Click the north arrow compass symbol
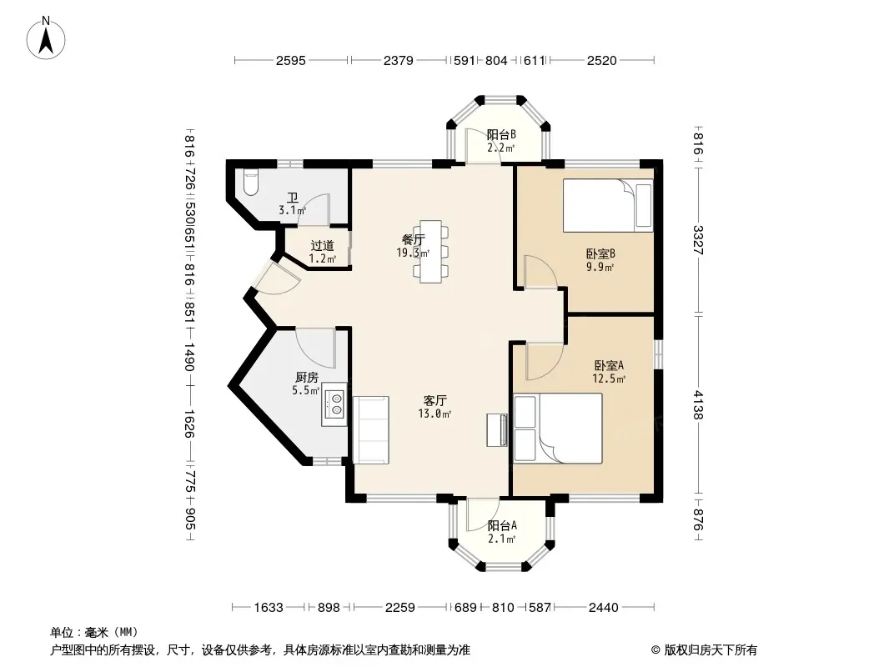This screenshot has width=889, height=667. [46, 38]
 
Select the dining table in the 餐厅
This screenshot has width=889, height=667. [430, 251]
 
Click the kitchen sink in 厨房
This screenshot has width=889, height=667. [335, 404]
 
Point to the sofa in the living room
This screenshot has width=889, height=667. [371, 430]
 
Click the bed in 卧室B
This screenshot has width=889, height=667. [608, 205]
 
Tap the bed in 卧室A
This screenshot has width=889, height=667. [557, 429]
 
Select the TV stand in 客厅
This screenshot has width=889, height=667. [497, 430]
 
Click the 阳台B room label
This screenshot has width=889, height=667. [501, 135]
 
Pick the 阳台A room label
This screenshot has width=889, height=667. [502, 526]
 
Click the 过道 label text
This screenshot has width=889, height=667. [322, 246]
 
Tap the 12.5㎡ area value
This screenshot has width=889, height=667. [609, 379]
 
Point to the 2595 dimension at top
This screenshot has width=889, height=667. [291, 60]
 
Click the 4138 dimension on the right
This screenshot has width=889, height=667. [698, 404]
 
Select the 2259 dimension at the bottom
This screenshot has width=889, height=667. [399, 608]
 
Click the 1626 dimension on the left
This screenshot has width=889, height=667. [189, 424]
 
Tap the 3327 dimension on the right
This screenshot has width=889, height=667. [698, 240]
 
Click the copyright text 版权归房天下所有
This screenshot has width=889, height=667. [711, 650]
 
